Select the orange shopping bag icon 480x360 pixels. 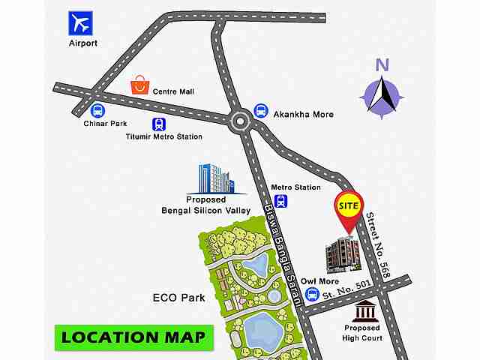pyautogui.click(x=139, y=84)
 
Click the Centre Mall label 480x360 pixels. pyautogui.click(x=173, y=91)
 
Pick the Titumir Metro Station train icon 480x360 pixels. pyautogui.click(x=159, y=124)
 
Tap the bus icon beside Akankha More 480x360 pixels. pyautogui.click(x=261, y=111)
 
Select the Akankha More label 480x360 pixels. pyautogui.click(x=302, y=115)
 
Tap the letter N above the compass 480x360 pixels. pyautogui.click(x=382, y=64)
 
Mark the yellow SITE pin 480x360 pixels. pyautogui.click(x=348, y=205)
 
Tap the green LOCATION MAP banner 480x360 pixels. pyautogui.click(x=133, y=336)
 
